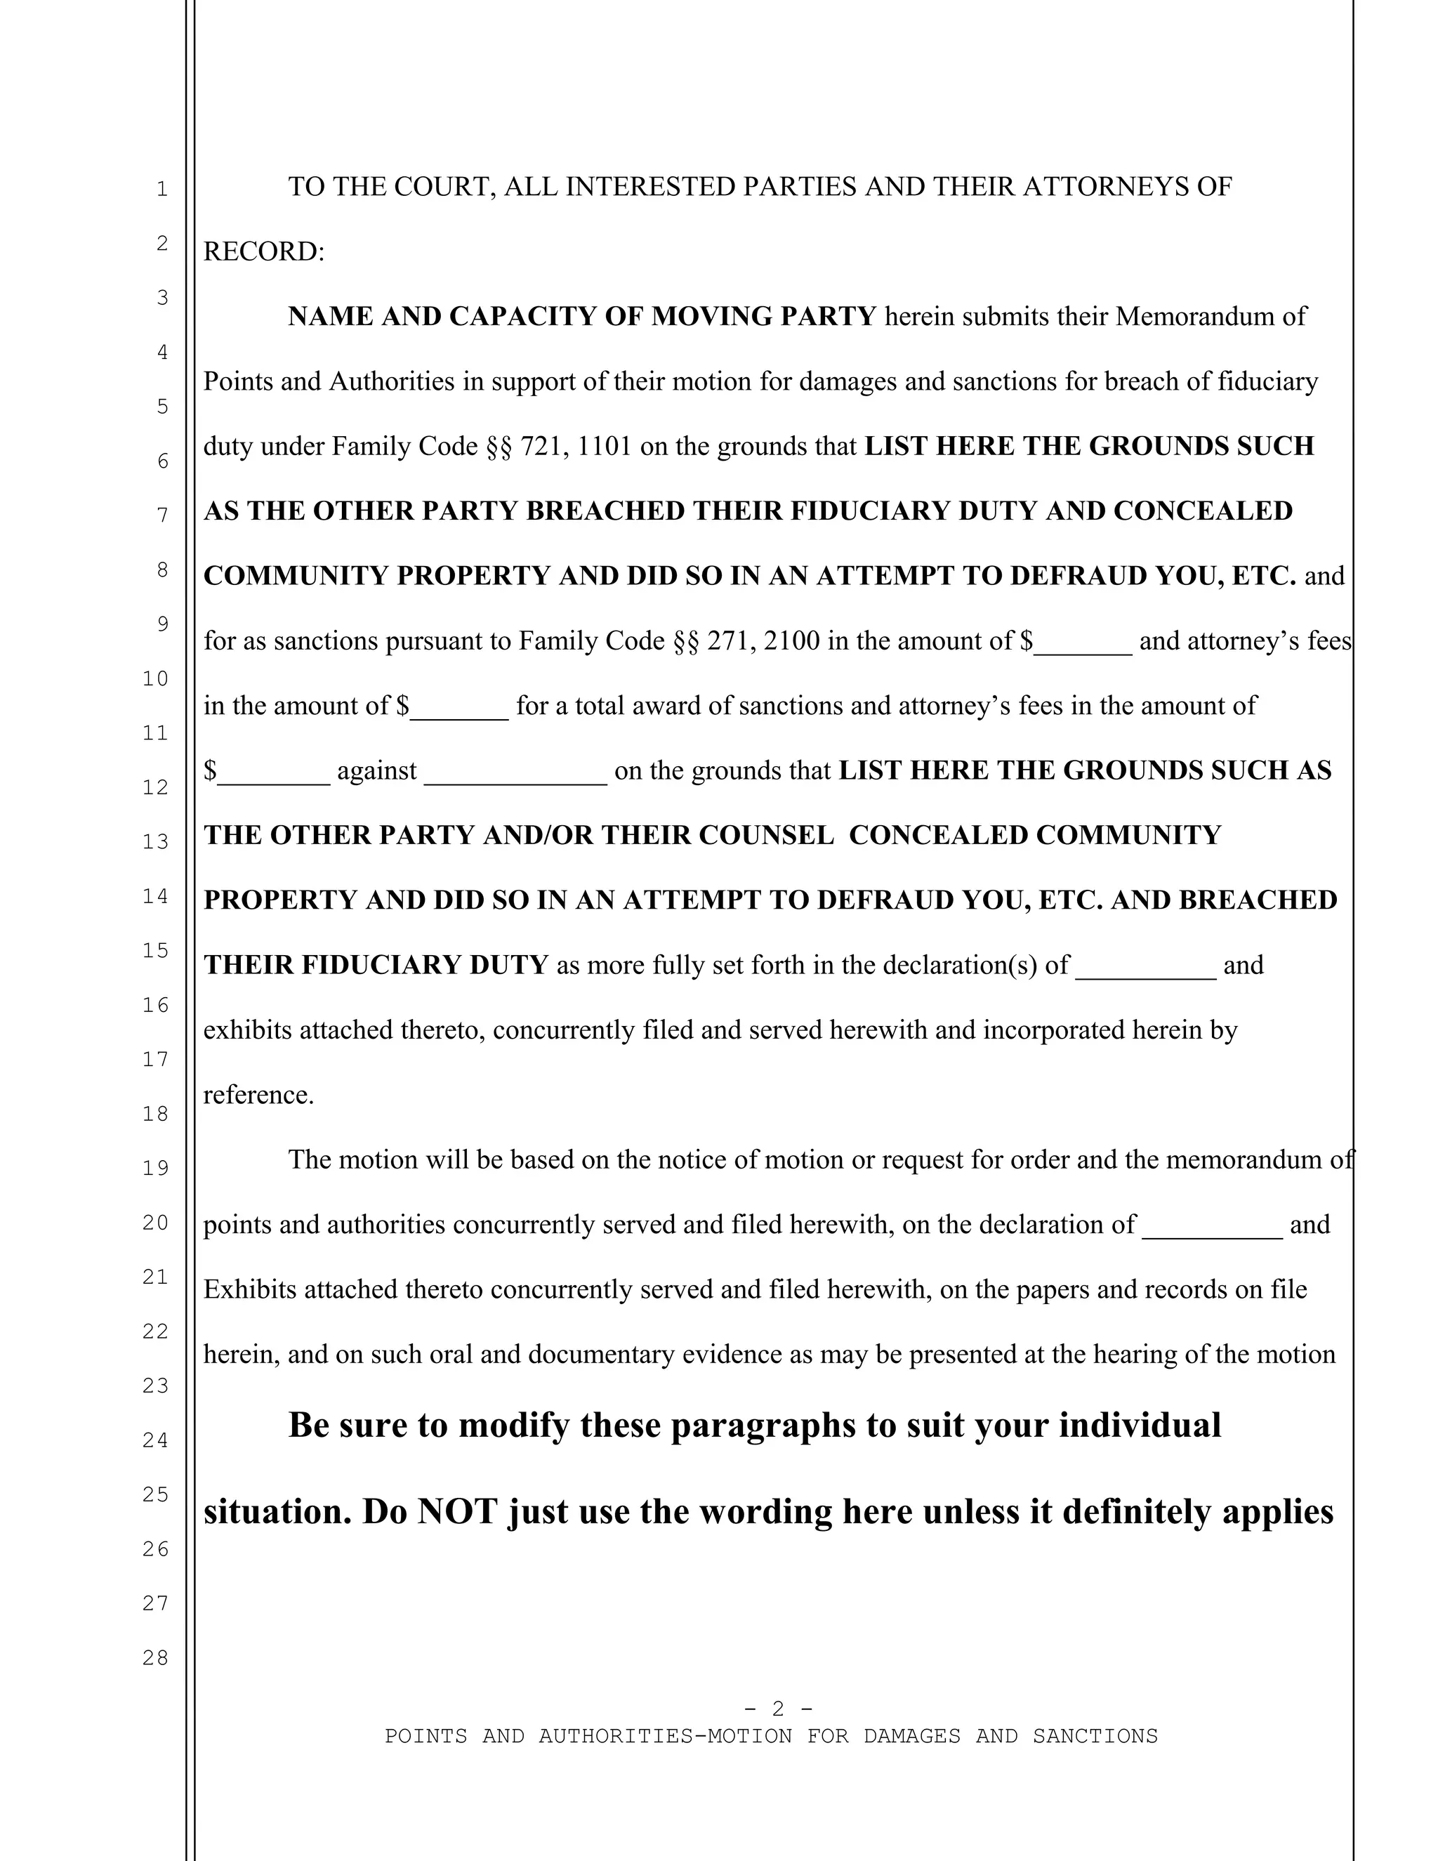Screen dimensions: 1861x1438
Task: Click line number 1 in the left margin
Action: tap(162, 189)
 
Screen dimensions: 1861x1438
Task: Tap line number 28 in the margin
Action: tap(155, 1657)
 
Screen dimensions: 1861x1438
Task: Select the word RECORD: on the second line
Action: tap(264, 251)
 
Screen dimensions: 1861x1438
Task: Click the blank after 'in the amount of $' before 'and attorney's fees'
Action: tap(1083, 643)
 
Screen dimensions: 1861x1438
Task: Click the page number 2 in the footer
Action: tap(778, 1708)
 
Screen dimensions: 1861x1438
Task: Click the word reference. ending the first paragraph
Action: tap(259, 1094)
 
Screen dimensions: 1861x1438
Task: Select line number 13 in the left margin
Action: tap(155, 841)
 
